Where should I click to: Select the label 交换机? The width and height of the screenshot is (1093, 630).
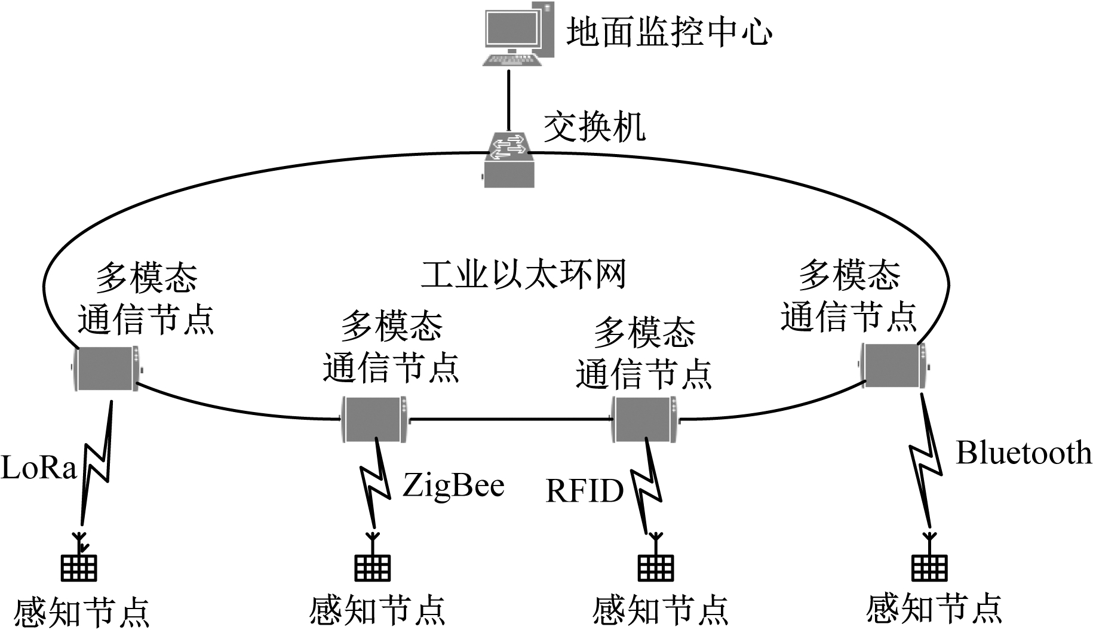(x=594, y=127)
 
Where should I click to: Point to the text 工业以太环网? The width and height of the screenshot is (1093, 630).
(x=523, y=275)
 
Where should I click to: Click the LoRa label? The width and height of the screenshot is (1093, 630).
(x=39, y=468)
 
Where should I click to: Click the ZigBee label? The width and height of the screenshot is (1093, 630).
(x=453, y=485)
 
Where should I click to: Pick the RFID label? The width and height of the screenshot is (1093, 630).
(x=584, y=491)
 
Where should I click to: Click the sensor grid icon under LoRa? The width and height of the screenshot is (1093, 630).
(x=79, y=568)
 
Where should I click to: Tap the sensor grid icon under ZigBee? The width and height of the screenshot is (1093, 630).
(x=373, y=568)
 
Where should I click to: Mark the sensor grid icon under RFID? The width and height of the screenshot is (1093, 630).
(x=655, y=568)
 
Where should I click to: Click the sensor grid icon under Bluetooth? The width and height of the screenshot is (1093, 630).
(x=929, y=568)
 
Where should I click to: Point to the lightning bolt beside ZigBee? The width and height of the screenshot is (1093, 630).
(x=376, y=484)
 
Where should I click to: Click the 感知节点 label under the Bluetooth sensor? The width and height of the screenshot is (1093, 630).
(x=934, y=609)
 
